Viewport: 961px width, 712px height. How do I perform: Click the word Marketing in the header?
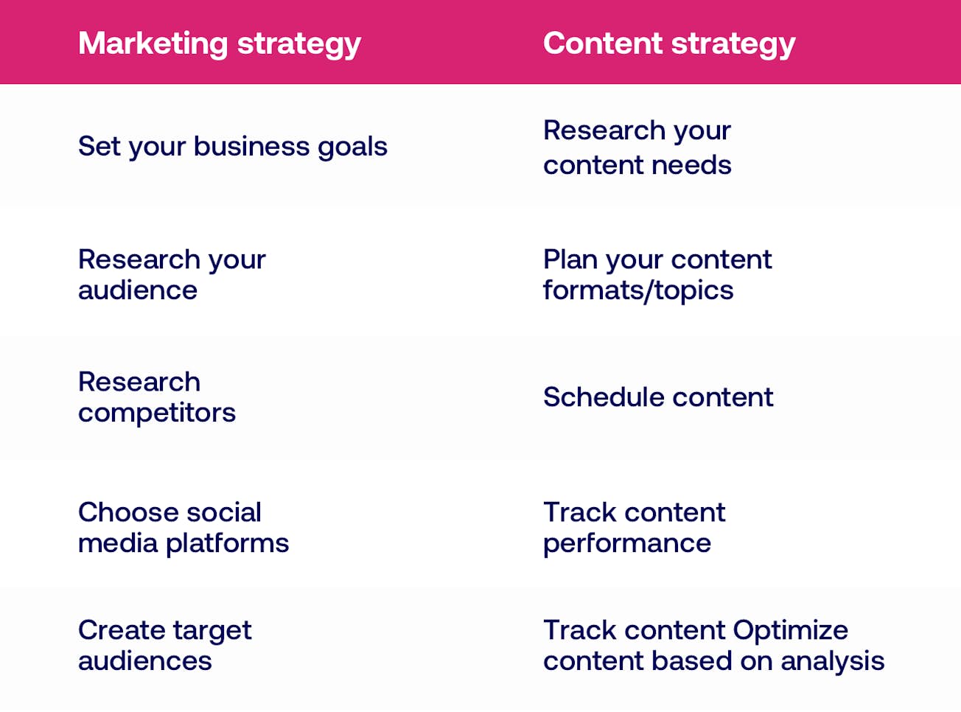(x=153, y=43)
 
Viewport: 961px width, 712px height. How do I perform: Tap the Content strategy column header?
(x=668, y=43)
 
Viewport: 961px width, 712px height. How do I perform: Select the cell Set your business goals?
(x=232, y=147)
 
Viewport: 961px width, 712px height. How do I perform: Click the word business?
(x=251, y=146)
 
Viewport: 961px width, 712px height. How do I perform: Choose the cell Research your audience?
(x=171, y=275)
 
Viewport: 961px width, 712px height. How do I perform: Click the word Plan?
(x=570, y=259)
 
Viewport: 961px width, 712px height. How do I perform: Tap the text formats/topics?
(x=637, y=291)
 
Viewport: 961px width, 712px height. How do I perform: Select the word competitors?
(x=156, y=413)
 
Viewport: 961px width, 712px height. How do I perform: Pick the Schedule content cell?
(x=657, y=397)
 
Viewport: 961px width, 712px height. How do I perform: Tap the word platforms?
(x=227, y=544)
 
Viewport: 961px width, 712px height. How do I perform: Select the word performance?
(x=626, y=544)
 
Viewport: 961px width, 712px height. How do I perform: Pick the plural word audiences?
(x=144, y=661)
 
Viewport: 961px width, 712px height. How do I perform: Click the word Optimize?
(x=790, y=631)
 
